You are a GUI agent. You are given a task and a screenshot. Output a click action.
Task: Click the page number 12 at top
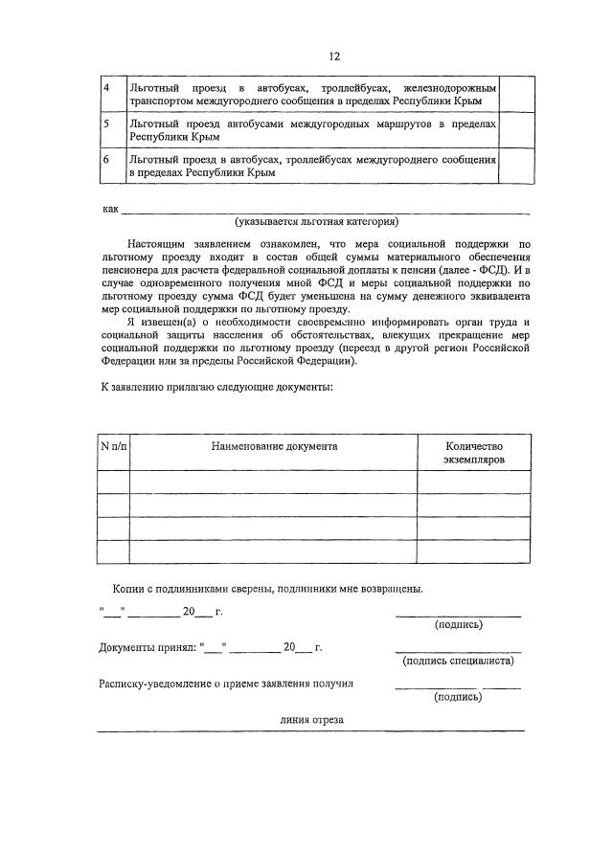[x=333, y=56]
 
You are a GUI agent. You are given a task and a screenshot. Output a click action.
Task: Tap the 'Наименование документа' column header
[x=273, y=446]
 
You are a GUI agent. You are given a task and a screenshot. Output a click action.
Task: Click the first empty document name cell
[x=273, y=482]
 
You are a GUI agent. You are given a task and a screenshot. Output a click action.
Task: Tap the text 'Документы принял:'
[x=148, y=647]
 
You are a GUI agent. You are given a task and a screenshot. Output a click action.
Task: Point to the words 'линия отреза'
[x=311, y=720]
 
